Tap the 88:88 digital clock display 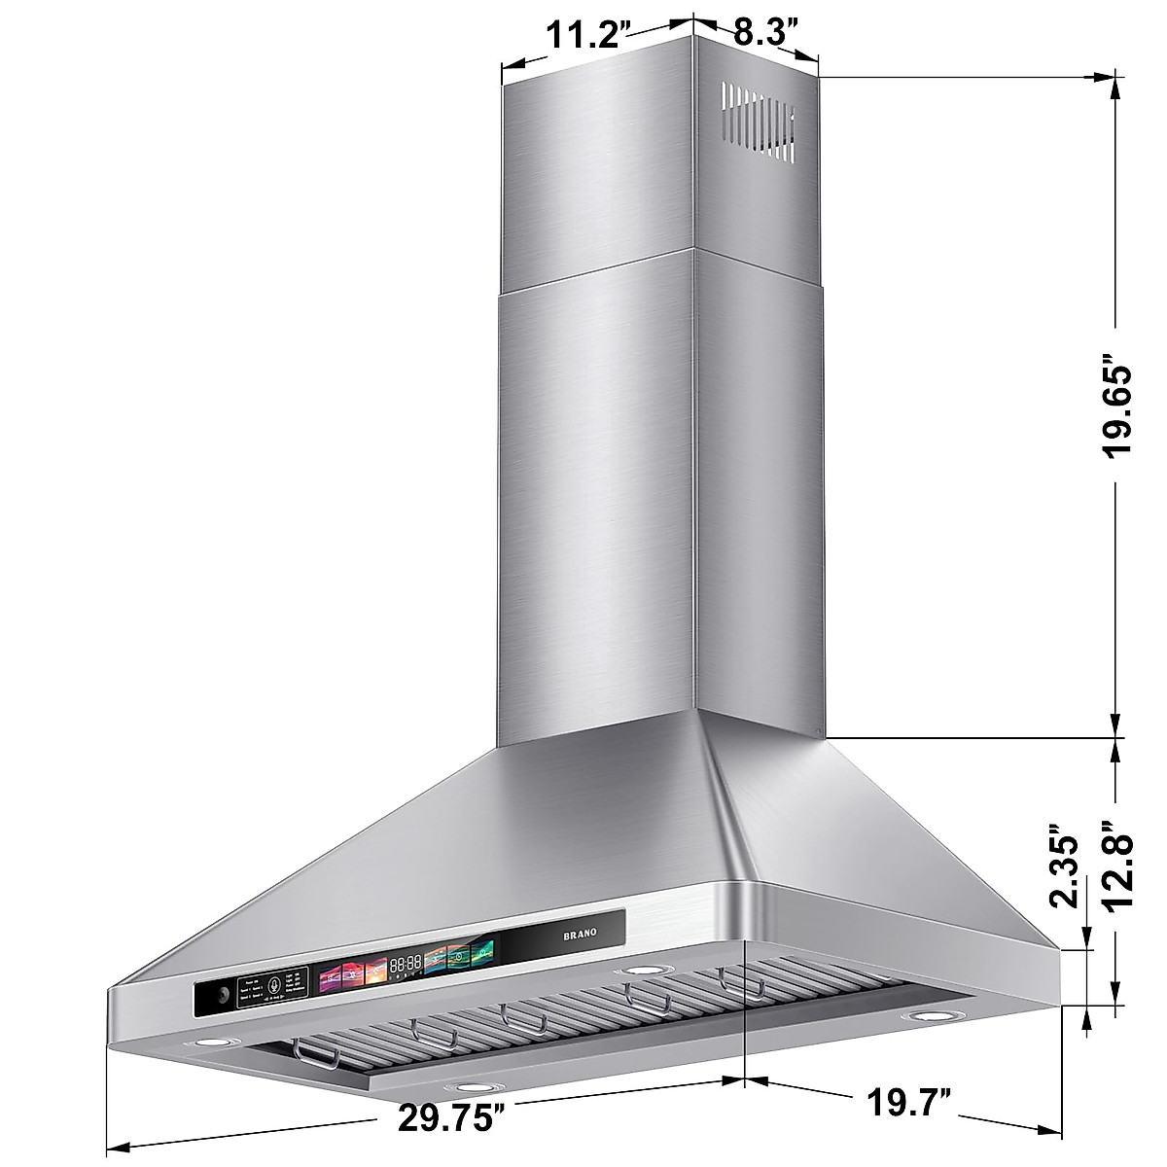click(406, 964)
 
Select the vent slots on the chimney click(760, 123)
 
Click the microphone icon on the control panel click(275, 984)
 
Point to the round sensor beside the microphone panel click(223, 996)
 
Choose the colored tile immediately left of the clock click(374, 969)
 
